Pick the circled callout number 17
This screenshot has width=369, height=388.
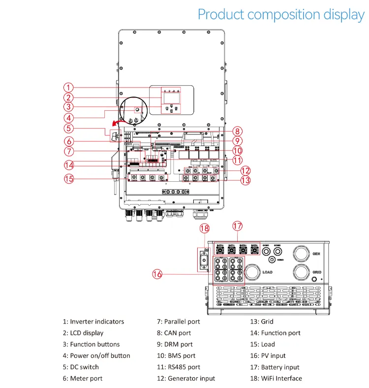(238, 226)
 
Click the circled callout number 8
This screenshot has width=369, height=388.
(238, 131)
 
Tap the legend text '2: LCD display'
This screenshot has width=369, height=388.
(83, 333)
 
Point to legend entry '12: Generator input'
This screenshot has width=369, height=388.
(186, 378)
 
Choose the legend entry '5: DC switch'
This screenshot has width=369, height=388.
(80, 367)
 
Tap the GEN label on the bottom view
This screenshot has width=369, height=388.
(317, 254)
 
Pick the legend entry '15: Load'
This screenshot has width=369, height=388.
(262, 344)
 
